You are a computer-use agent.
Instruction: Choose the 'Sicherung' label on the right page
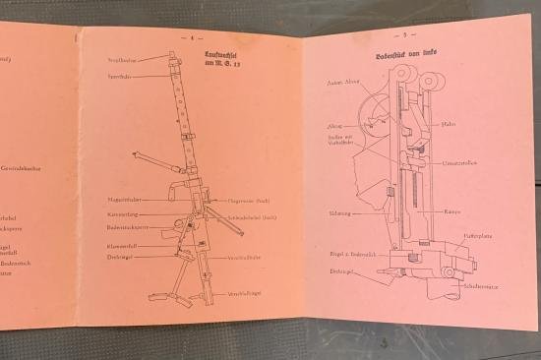click(x=340, y=212)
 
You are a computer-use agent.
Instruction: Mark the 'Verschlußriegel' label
click(x=246, y=294)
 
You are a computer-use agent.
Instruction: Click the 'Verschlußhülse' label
click(x=246, y=257)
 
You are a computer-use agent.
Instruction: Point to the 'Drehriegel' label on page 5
click(x=343, y=270)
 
